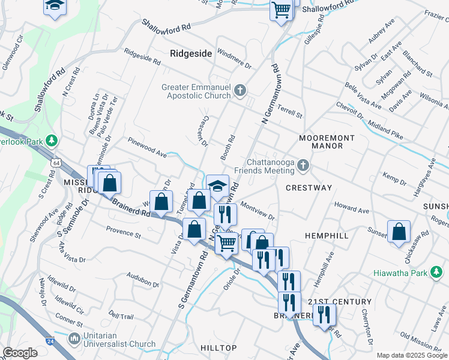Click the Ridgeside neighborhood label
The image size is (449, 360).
tap(191, 53)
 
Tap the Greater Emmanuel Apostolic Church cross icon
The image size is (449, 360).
tap(240, 91)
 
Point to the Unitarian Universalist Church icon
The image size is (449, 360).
tap(75, 339)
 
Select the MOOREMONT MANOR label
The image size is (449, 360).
tap(327, 142)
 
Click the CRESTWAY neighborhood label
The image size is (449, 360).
tap(309, 188)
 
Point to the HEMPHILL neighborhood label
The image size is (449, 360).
tap(327, 236)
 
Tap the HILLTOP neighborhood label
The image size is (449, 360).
tap(218, 348)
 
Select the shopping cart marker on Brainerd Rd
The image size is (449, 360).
tap(226, 244)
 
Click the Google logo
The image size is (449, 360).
tap(20, 353)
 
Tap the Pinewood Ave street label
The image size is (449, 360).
tap(146, 148)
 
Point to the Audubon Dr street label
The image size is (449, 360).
tap(143, 279)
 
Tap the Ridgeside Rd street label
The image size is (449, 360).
tap(142, 58)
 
